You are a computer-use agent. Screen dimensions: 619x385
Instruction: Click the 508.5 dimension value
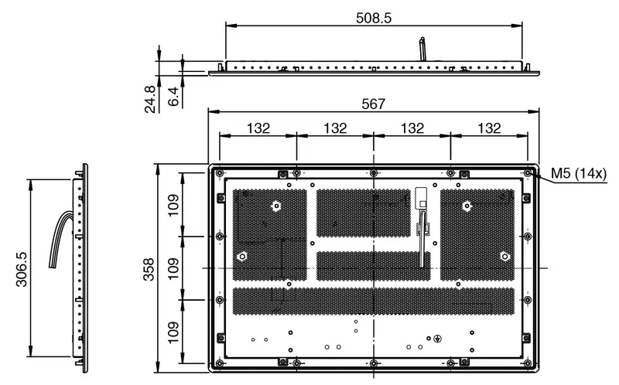coord(374,18)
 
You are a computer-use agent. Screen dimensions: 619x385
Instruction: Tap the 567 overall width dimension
coord(373,104)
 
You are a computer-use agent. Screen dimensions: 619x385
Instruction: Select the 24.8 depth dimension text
coord(150,100)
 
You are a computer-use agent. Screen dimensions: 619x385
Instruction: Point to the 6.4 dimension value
coord(173,97)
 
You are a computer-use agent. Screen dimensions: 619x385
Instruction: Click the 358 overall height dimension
coord(149,269)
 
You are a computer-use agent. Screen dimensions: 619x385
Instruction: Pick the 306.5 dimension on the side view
coord(22,269)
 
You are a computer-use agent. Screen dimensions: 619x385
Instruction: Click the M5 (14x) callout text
coord(578,173)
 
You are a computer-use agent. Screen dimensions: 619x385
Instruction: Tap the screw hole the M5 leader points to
coord(528,172)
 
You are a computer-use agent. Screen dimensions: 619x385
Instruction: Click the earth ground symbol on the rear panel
coord(437,339)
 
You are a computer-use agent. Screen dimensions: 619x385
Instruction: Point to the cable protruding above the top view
coord(422,49)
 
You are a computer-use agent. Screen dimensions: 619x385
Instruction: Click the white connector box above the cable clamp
coord(421,198)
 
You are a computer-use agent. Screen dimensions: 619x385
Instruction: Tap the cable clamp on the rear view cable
coord(423,228)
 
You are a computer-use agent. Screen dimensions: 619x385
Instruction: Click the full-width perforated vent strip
coord(374,301)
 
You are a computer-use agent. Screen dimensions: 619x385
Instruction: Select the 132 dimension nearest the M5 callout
coord(489,128)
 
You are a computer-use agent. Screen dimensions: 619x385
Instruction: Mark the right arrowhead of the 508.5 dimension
coord(517,26)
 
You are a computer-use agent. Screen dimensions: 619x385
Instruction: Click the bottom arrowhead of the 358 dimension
coord(159,366)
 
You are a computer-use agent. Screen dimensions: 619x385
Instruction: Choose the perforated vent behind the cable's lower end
coord(374,266)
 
